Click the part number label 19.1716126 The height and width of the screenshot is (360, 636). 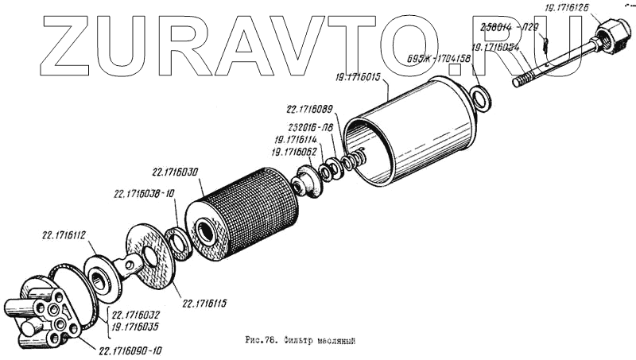click(567, 8)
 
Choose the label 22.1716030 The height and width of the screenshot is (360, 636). click(176, 171)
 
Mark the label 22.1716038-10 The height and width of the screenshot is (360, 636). click(144, 192)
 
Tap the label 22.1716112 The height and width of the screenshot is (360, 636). click(64, 235)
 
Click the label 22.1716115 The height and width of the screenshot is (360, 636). click(205, 303)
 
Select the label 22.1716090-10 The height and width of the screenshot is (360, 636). click(136, 350)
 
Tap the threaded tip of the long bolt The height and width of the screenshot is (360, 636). click(522, 79)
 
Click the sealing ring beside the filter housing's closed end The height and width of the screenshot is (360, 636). click(480, 99)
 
